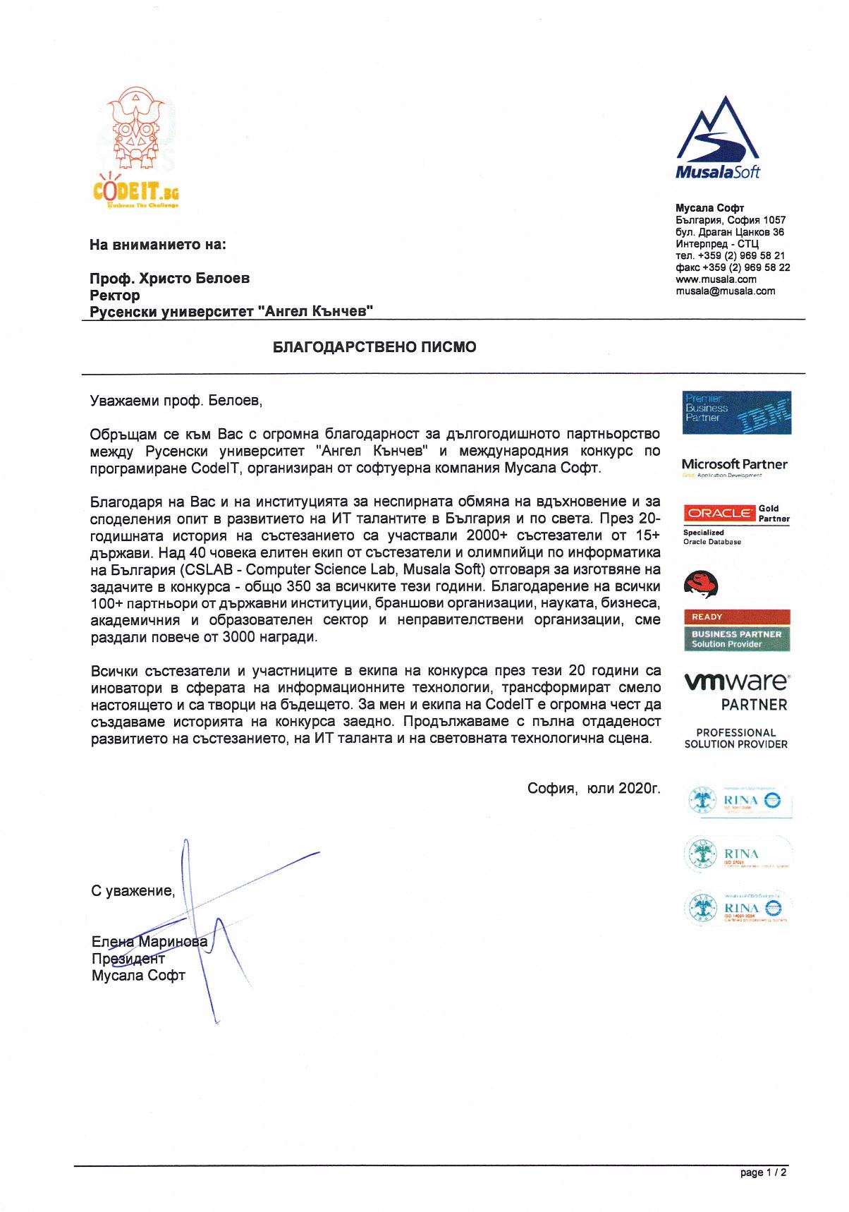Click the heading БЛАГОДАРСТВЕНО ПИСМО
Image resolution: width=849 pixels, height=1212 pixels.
click(x=374, y=347)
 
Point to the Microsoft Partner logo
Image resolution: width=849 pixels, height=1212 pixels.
click(x=734, y=464)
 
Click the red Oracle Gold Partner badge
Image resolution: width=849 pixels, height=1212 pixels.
click(x=719, y=513)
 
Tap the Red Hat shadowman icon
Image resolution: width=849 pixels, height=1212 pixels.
click(x=701, y=583)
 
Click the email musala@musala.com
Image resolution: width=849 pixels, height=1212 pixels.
click(x=725, y=291)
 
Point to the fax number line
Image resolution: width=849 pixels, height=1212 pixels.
click(x=732, y=267)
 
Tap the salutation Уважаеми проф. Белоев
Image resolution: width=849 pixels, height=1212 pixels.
click(x=176, y=401)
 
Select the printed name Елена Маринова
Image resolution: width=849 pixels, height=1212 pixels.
click(x=149, y=942)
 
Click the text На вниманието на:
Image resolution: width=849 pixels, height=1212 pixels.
click(x=158, y=245)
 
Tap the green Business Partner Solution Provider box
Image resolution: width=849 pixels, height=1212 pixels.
click(x=736, y=638)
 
